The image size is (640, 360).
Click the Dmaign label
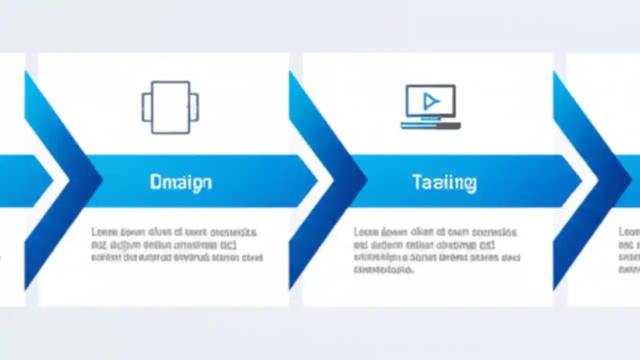(x=180, y=182)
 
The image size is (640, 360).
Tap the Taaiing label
(x=444, y=182)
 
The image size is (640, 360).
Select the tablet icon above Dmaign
(x=170, y=107)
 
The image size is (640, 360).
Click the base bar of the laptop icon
(x=430, y=125)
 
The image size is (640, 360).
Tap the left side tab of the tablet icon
(x=145, y=107)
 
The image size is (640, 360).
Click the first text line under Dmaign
(x=173, y=232)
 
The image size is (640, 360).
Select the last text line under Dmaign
(x=176, y=258)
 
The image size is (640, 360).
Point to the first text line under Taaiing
(x=435, y=232)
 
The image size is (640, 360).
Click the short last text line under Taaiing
(x=383, y=270)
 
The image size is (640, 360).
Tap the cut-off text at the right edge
(x=629, y=245)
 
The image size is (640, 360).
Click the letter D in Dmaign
(x=155, y=182)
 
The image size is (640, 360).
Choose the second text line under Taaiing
(x=424, y=245)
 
